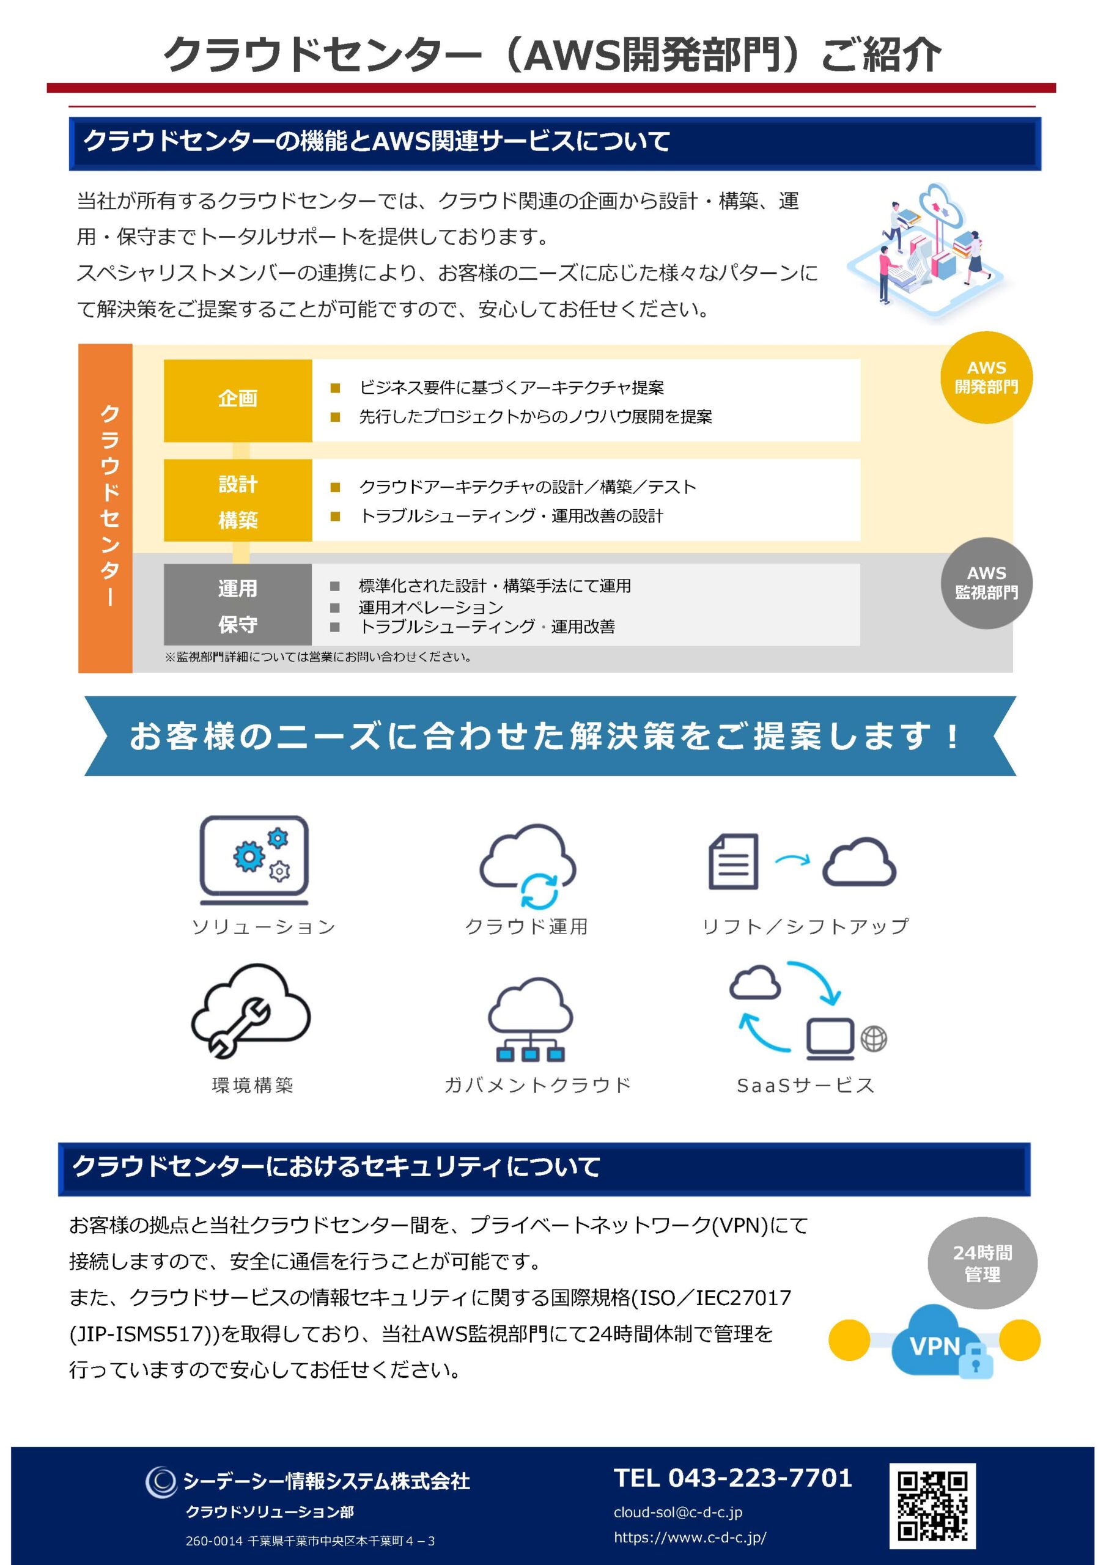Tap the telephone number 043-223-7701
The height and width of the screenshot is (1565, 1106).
click(x=733, y=1478)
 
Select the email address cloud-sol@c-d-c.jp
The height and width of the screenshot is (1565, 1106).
click(x=678, y=1512)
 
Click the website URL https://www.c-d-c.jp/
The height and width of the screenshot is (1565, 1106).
click(x=690, y=1537)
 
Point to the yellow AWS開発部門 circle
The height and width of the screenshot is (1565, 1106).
click(x=986, y=378)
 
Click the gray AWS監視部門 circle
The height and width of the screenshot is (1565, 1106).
click(x=986, y=583)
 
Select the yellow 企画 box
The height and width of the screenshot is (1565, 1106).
click(x=237, y=400)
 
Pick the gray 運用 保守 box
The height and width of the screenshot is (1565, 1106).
click(x=237, y=605)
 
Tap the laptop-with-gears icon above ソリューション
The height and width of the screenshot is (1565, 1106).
click(x=254, y=859)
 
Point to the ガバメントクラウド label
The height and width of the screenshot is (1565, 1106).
click(x=537, y=1085)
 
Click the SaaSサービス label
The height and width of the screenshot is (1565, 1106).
click(x=805, y=1085)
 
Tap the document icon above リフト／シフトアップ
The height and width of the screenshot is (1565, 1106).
click(x=733, y=861)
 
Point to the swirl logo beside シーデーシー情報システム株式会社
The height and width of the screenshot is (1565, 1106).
click(x=161, y=1482)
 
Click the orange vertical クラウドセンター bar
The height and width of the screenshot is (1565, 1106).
click(x=106, y=508)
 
